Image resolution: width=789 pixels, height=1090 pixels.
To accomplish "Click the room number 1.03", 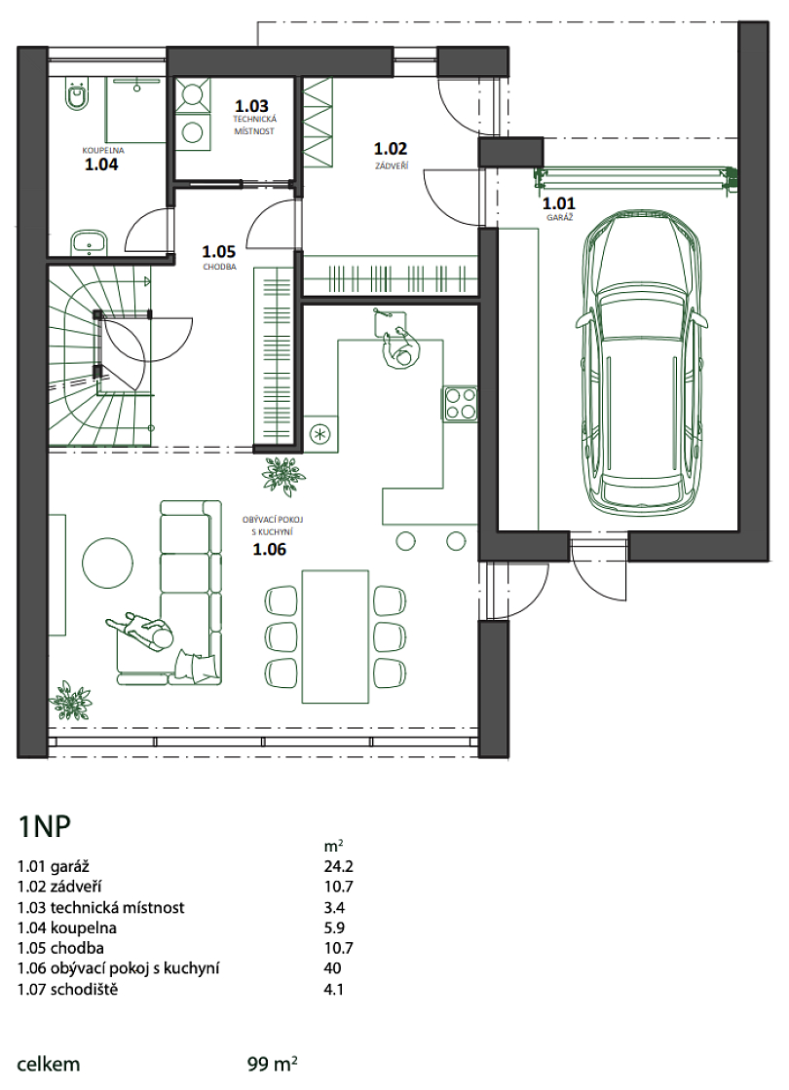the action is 251,106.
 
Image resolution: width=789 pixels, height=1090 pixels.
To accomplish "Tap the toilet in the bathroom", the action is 76,94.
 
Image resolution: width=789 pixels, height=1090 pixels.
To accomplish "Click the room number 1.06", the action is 269,550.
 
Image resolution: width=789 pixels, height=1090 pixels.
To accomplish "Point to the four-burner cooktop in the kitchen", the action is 460,403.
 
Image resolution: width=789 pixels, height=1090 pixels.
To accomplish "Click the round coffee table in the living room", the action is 108,563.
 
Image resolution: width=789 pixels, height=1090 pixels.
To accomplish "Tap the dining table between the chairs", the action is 335,636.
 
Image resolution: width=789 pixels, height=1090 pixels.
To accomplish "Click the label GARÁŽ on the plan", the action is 559,218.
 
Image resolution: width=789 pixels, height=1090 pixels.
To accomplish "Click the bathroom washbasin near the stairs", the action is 89,242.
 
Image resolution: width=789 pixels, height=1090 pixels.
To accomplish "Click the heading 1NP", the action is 45,828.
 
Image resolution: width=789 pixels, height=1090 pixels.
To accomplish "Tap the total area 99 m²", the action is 273,1064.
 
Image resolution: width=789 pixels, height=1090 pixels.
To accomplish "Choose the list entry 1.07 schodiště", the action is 67,989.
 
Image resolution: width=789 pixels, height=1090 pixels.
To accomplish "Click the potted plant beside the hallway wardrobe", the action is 283,473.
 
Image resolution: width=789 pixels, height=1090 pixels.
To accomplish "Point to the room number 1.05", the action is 218,252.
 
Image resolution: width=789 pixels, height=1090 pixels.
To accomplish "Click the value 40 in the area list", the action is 332,967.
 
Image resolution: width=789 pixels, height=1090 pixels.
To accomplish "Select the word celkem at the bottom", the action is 49,1064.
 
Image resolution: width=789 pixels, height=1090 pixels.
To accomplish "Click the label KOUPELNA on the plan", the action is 103,150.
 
